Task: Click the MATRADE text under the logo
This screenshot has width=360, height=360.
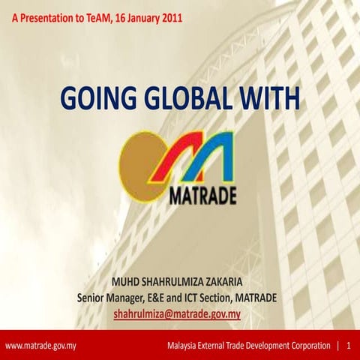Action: tap(203, 196)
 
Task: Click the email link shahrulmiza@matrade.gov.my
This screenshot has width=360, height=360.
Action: tap(177, 314)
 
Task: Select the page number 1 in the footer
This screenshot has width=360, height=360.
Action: tap(349, 346)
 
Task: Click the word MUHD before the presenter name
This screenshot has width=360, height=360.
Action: tap(125, 283)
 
